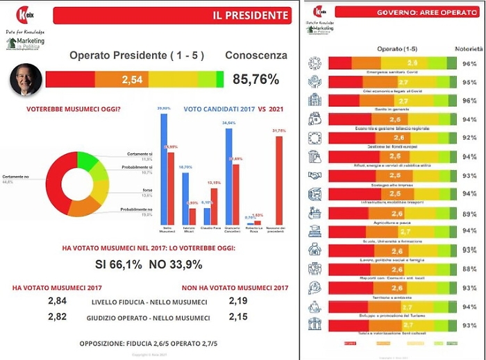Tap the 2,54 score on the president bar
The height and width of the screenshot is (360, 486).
pos(132,80)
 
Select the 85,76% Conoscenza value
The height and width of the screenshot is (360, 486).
pos(256,80)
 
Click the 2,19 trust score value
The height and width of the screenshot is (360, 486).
pos(238,300)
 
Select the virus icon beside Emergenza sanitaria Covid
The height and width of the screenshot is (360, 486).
pos(314,62)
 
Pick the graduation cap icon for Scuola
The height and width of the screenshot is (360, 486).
pos(314,231)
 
